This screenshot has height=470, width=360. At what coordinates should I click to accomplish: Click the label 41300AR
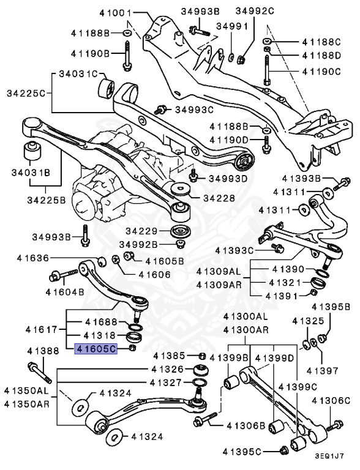(246, 330)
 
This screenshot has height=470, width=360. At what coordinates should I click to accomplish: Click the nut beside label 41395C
(284, 452)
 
